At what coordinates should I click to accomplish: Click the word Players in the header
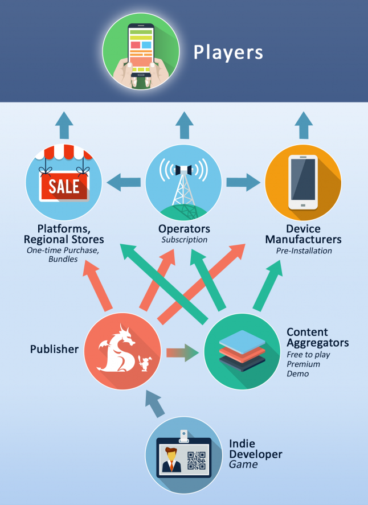(228, 53)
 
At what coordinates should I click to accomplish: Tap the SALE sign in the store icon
(64, 186)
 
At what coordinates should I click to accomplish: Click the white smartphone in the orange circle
(303, 182)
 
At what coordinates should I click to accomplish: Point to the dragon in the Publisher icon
(117, 350)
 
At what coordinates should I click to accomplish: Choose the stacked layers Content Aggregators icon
(242, 351)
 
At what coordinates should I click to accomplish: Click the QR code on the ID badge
(197, 461)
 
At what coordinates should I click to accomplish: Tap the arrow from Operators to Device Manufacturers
(243, 182)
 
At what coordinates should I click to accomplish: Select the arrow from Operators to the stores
(124, 182)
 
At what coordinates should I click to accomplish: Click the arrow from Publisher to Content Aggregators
(183, 352)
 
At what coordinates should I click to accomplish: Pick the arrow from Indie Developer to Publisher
(156, 404)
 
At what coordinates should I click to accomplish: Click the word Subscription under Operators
(185, 240)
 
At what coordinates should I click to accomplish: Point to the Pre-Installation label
(304, 251)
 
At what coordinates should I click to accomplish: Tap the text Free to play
(308, 355)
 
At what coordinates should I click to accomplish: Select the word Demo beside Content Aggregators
(298, 373)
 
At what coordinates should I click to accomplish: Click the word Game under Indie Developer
(243, 465)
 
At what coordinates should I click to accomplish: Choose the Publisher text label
(54, 349)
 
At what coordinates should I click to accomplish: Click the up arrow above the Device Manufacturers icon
(304, 125)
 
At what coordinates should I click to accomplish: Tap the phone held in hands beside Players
(141, 50)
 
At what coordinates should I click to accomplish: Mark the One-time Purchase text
(63, 251)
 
